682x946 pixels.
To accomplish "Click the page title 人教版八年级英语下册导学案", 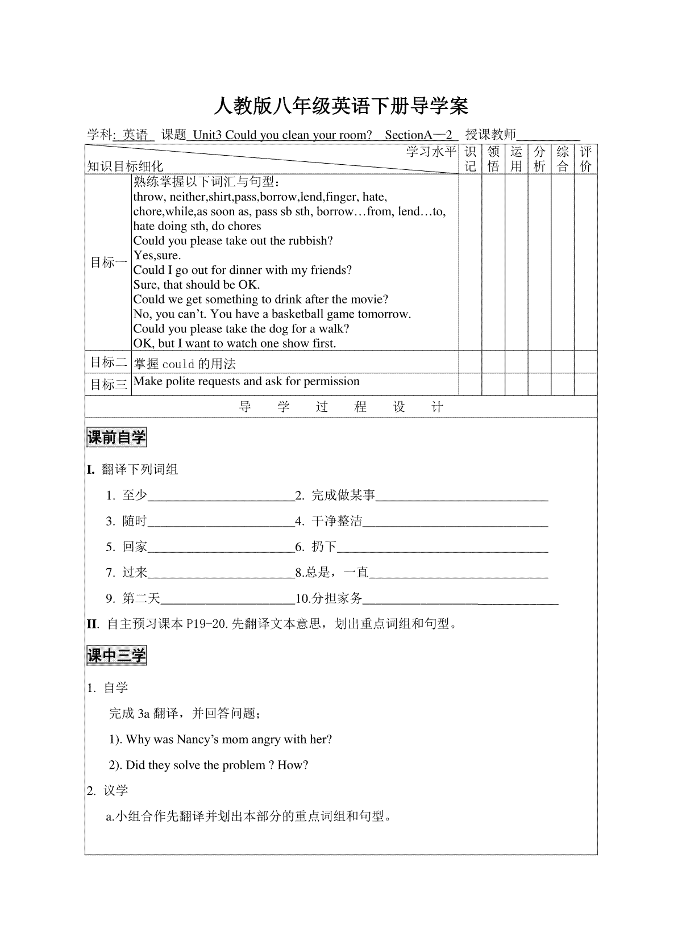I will (340, 106).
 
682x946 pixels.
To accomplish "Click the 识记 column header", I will (470, 159).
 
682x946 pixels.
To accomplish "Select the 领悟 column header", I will (493, 159).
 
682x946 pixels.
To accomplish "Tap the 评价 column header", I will (585, 159).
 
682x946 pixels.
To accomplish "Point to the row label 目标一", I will (109, 262).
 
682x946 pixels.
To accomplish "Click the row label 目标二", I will (109, 362).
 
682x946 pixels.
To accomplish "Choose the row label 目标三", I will (109, 385).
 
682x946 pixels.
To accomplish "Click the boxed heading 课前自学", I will (117, 437).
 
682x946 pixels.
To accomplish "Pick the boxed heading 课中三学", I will (117, 656).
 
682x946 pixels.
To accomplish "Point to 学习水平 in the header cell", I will (431, 152).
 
